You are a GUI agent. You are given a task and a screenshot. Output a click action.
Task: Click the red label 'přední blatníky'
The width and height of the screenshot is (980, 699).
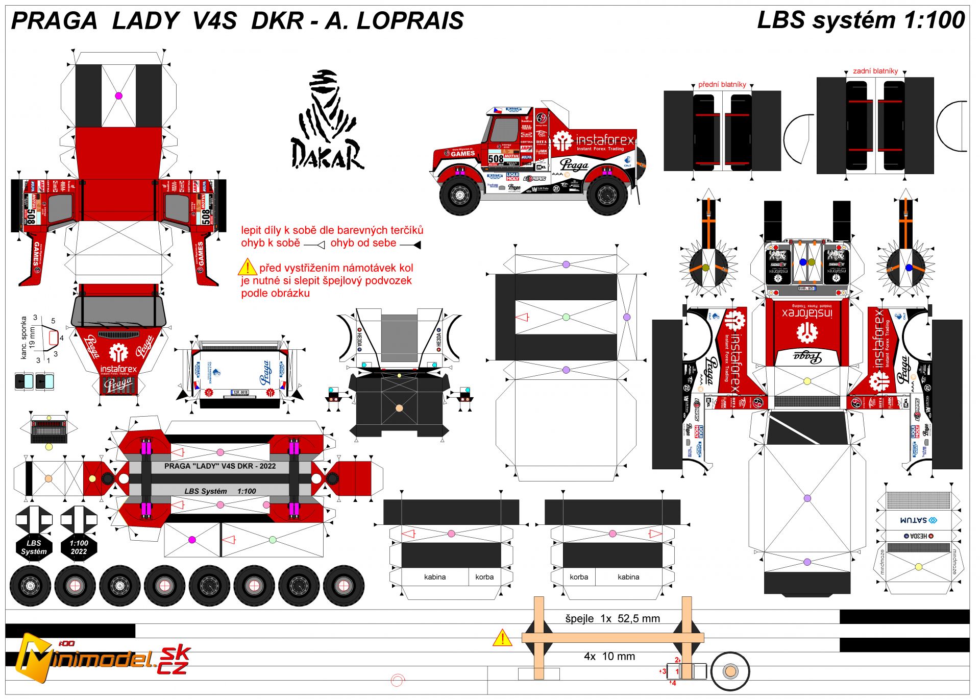click(722, 84)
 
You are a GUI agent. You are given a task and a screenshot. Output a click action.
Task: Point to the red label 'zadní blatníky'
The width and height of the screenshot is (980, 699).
click(875, 71)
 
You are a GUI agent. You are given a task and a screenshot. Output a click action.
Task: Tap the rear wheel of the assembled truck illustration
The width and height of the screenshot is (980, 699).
click(607, 195)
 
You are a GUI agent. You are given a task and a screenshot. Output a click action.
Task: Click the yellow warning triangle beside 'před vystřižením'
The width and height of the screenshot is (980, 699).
click(247, 267)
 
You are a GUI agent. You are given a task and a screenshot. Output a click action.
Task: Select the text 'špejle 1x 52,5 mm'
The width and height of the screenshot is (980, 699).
click(612, 618)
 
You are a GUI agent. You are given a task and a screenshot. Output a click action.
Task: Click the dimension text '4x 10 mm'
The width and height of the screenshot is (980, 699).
click(609, 656)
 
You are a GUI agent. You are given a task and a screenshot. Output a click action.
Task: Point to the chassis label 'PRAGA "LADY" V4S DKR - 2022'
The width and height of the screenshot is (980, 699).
click(219, 466)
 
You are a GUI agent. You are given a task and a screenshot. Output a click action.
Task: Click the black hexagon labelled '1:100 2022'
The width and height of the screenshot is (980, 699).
click(79, 547)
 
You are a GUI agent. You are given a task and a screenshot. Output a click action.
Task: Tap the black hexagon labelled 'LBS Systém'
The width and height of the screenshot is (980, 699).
click(34, 547)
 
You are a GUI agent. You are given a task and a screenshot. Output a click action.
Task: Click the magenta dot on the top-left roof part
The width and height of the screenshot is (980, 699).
click(118, 95)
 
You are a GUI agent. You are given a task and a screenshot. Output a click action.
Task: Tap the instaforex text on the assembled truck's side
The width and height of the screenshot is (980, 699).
click(604, 139)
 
